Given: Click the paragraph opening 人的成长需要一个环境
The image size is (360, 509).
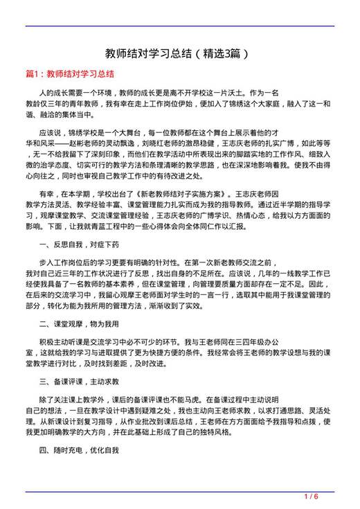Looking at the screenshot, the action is click(76, 92).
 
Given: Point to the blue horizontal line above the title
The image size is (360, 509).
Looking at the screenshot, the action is click(179, 26).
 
